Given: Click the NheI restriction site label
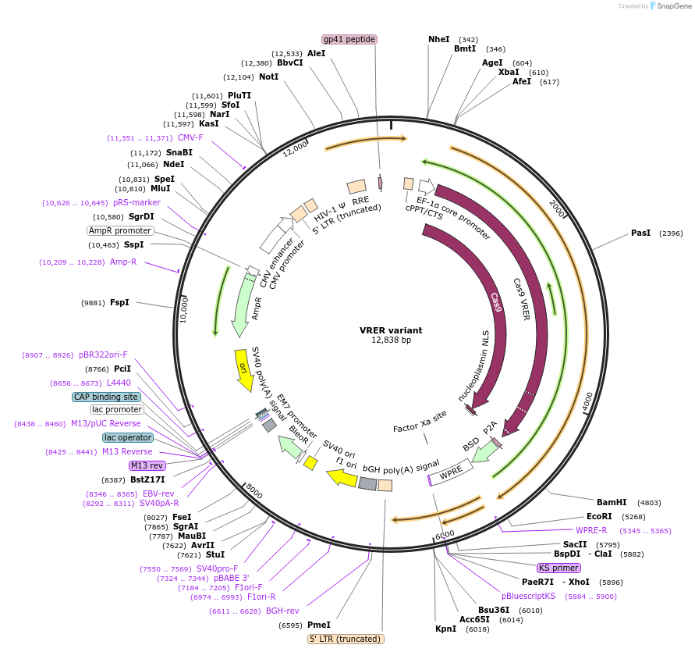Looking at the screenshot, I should (439, 39).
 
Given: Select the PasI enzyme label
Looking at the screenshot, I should (640, 233).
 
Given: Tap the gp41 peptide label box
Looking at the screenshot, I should (349, 39).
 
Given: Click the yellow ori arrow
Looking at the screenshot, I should (244, 367).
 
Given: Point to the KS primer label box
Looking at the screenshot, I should (558, 568).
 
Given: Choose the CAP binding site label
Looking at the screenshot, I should (107, 397).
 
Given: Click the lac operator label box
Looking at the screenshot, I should (128, 437).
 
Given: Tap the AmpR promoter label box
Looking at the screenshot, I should (120, 230).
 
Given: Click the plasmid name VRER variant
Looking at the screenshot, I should (391, 330).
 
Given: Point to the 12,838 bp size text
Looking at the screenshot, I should (391, 340).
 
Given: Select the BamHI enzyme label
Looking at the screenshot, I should (611, 502).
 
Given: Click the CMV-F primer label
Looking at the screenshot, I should (190, 137).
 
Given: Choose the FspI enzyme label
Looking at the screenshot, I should (119, 302).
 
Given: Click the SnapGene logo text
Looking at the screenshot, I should (673, 6).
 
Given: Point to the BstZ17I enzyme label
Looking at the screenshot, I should (147, 479).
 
